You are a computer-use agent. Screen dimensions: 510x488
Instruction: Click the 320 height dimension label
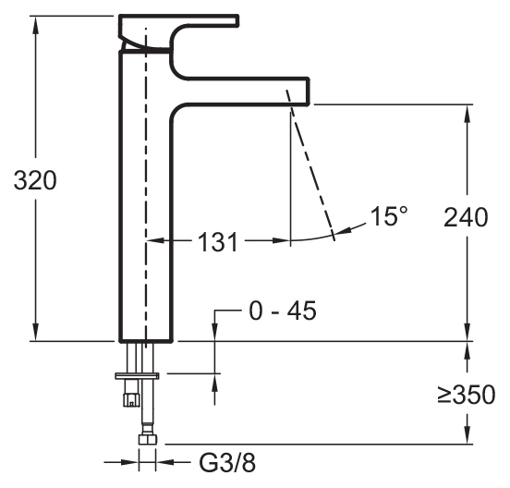click(35, 180)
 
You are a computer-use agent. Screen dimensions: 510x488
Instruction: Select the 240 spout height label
click(466, 217)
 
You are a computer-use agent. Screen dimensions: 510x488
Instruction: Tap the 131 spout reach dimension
click(218, 242)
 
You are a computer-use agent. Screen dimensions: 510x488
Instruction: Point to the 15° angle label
click(389, 215)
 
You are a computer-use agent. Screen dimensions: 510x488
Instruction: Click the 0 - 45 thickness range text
click(283, 311)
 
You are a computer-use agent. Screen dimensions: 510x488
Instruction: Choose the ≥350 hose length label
click(466, 395)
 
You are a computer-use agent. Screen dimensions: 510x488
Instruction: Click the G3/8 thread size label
click(227, 463)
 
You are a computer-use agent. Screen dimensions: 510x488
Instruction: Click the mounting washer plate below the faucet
click(138, 376)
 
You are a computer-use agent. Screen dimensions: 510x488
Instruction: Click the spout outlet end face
click(309, 91)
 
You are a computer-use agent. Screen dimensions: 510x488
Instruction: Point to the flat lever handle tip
click(237, 19)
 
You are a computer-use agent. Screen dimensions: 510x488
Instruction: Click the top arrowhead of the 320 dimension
click(36, 24)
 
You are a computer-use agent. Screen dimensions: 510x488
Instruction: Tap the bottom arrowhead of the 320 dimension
click(36, 332)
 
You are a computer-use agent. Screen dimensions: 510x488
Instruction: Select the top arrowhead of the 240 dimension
click(467, 114)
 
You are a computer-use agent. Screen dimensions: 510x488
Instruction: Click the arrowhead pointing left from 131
click(156, 240)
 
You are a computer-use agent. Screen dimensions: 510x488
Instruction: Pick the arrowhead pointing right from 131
click(281, 240)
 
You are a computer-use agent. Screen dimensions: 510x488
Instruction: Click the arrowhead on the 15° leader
click(342, 230)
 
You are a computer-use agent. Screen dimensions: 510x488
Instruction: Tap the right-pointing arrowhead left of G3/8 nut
click(129, 461)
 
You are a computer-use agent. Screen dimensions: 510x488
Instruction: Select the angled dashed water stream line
click(310, 165)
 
